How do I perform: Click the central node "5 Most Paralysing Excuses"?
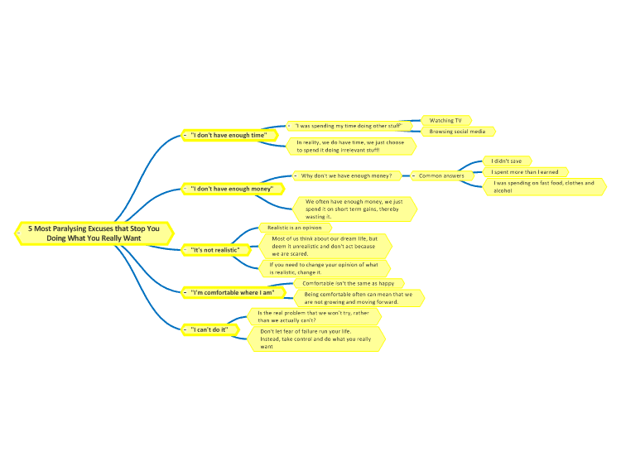pos(94,233)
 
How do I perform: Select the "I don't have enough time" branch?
pos(229,135)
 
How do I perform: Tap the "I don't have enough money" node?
pos(233,189)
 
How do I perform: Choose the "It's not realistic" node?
pos(216,250)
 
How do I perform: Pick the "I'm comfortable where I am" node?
pos(233,292)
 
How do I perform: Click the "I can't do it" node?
pos(210,329)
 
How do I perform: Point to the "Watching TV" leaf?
pos(446,120)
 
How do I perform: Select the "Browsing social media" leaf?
pos(458,132)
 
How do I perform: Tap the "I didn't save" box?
pos(507,161)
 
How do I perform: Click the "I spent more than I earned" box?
pos(526,172)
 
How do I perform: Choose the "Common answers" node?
pos(442,175)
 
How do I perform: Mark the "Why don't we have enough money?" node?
pos(347,175)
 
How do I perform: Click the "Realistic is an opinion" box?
pos(295,228)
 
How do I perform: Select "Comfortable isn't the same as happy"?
pos(349,283)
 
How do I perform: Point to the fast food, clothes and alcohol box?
pos(545,187)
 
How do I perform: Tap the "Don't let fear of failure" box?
pos(316,339)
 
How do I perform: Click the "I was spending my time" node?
pos(349,126)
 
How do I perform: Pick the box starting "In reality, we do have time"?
pos(351,147)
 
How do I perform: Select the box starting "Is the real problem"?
pos(315,317)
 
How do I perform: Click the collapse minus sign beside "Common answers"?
pos(413,175)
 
